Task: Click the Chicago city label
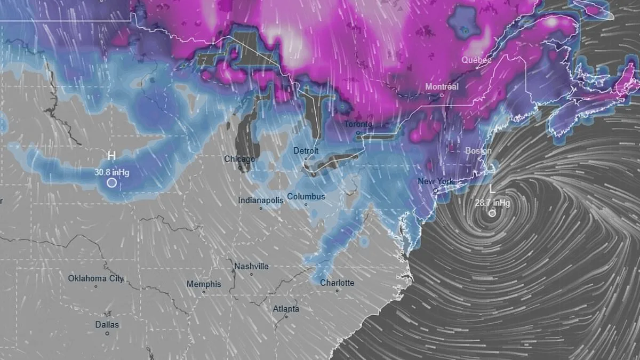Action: (x=239, y=159)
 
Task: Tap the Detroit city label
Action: (x=306, y=151)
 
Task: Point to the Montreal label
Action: (x=442, y=86)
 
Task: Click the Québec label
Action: (x=476, y=60)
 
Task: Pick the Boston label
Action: (x=478, y=151)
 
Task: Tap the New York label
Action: (x=436, y=181)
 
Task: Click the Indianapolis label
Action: (x=261, y=201)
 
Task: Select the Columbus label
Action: (x=306, y=196)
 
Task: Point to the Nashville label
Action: (x=251, y=266)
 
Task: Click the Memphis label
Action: (x=204, y=284)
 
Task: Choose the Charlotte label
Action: (x=337, y=283)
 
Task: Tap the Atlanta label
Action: (x=286, y=309)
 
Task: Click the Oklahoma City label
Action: (x=96, y=278)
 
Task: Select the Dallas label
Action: (x=107, y=324)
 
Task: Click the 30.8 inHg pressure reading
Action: (x=112, y=172)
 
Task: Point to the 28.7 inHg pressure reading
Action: (x=492, y=203)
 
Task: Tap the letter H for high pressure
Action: (x=111, y=156)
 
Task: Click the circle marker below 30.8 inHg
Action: (x=111, y=182)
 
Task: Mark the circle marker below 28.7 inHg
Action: (x=492, y=213)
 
